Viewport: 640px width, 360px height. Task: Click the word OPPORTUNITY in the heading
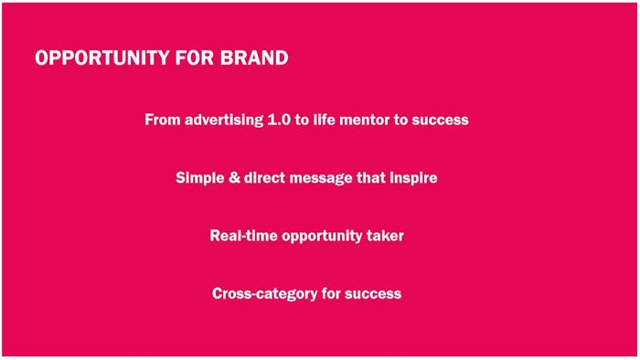pyautogui.click(x=102, y=58)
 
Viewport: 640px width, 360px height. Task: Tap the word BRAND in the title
pyautogui.click(x=254, y=58)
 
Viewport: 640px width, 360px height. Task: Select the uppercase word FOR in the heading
pyautogui.click(x=195, y=58)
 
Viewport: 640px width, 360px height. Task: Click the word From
pyautogui.click(x=163, y=120)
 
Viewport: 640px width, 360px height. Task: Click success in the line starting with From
pyautogui.click(x=440, y=121)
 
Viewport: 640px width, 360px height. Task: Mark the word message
pyautogui.click(x=321, y=178)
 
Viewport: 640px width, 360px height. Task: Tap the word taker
pyautogui.click(x=385, y=236)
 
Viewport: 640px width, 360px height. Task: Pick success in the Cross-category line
pyautogui.click(x=373, y=294)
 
